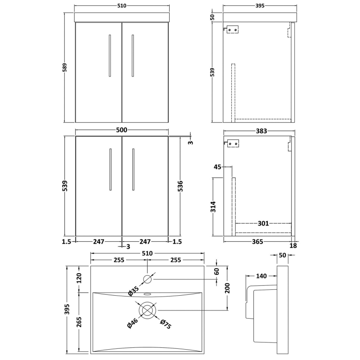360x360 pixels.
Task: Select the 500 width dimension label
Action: pos(121,130)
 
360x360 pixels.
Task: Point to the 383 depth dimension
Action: pos(261,131)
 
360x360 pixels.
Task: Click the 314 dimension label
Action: pos(214,207)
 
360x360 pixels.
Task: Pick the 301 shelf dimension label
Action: pos(264,223)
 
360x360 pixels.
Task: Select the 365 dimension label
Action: pos(257,242)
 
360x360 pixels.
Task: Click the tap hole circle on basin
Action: pos(148,279)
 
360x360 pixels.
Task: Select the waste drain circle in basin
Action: pos(148,310)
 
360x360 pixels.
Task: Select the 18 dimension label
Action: pos(293,245)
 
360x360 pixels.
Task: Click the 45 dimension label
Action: pos(217,167)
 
